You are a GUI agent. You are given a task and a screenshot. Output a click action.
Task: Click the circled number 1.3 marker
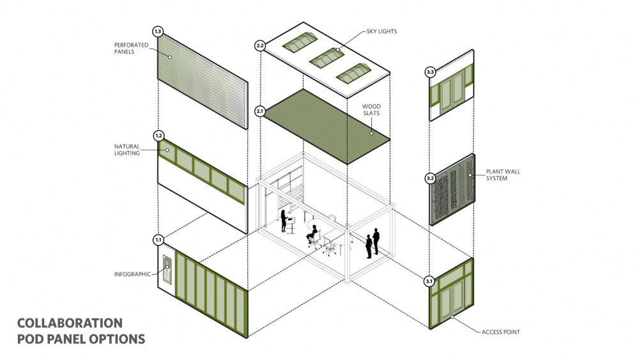[158, 31]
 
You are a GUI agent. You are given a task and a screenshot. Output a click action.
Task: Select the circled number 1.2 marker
[158, 136]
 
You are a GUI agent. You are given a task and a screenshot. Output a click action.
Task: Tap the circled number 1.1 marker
[158, 240]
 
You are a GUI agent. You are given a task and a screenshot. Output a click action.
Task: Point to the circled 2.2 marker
[260, 45]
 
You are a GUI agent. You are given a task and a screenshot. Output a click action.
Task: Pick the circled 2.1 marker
[260, 111]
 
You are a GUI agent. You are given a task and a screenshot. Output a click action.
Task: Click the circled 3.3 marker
[430, 72]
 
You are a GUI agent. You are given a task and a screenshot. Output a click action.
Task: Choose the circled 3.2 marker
[430, 178]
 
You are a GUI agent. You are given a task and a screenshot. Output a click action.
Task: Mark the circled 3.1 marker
[429, 281]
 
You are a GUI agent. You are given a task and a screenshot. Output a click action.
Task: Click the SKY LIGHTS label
[381, 31]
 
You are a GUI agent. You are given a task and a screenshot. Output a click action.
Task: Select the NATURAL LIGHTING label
[127, 150]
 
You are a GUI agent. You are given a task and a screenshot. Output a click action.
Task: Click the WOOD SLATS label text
[371, 110]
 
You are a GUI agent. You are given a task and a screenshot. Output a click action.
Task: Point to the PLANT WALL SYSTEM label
[503, 175]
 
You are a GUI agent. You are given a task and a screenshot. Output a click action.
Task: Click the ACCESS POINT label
[500, 333]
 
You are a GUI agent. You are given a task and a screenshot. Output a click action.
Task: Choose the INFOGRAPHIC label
[132, 274]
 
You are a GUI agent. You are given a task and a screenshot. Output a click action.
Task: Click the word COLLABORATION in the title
[70, 324]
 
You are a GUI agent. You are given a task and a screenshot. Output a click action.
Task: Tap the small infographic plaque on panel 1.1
[167, 269]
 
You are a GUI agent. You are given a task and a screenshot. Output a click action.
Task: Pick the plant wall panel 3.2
[452, 189]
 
